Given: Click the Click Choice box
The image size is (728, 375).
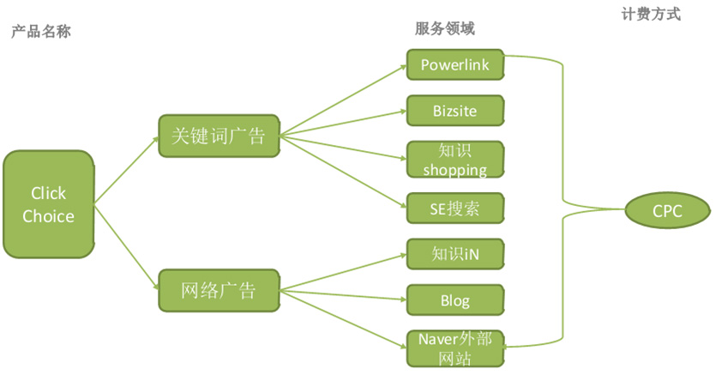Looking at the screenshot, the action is pos(49,204).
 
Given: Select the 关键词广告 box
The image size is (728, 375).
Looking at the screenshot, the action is pos(219,136).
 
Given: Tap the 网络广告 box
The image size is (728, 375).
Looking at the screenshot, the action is pos(219,290).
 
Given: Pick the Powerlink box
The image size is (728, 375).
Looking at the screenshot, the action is pos(455,64).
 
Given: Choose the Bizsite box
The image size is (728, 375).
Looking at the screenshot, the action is pos(455,111).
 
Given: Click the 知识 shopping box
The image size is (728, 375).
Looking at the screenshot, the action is pos(455,160).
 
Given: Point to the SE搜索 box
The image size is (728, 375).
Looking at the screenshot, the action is pos(455,209).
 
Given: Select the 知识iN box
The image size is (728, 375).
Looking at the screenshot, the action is pos(455,254).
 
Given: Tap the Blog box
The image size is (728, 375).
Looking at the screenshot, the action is pos(455,300).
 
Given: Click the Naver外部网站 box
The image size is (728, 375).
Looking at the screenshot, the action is pos(455,348).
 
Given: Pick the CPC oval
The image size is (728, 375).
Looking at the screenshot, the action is pos(667,211).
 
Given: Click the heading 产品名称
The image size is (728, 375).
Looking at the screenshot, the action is pos(41,32).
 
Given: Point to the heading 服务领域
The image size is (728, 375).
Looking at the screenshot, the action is pos(445,29).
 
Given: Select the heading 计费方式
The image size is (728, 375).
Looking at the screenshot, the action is pos(651,15).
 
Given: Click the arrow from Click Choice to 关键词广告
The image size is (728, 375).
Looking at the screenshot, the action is pos(126,171).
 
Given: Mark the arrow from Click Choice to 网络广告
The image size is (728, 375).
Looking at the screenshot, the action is pos(126,248).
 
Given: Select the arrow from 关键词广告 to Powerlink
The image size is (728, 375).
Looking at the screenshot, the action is pos(344,101).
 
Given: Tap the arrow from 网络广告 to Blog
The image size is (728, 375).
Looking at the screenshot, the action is pos(344,295).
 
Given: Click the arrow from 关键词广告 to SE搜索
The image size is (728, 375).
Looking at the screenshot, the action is pos(344,172).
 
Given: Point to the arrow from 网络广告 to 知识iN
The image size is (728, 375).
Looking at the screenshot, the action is pos(344,272).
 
